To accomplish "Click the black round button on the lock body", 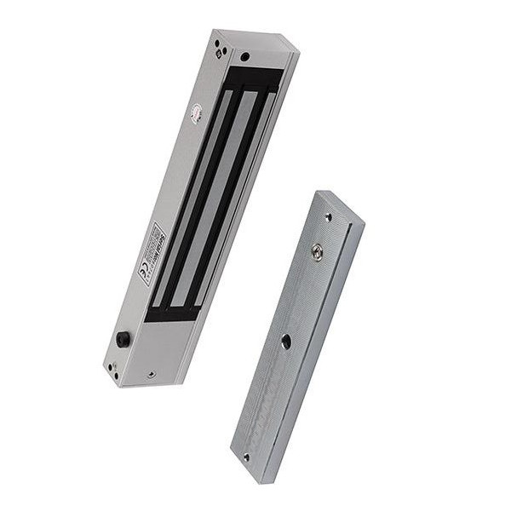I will [123, 339].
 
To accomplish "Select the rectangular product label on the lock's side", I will [150, 255].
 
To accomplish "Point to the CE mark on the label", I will [143, 275].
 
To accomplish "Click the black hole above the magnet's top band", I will [245, 57].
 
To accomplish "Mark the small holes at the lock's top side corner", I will [218, 49].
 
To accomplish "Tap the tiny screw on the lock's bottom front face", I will [150, 373].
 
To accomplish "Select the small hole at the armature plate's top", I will [328, 218].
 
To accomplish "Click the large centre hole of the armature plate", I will [285, 342].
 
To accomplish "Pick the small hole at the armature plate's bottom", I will [246, 456].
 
